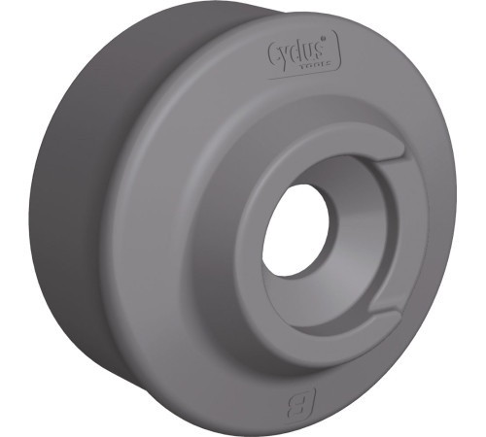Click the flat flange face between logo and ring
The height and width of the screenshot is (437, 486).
tap(301, 107)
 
